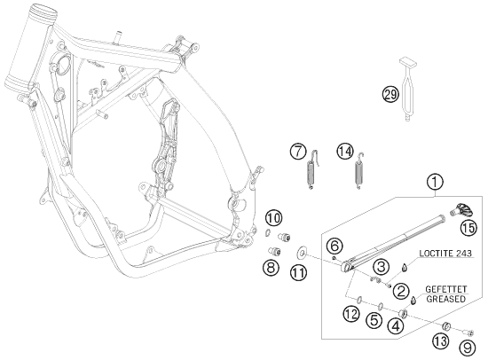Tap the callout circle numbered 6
pyautogui.click(x=335, y=246)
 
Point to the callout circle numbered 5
pyautogui.click(x=374, y=320)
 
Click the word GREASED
pyautogui.click(x=447, y=300)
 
